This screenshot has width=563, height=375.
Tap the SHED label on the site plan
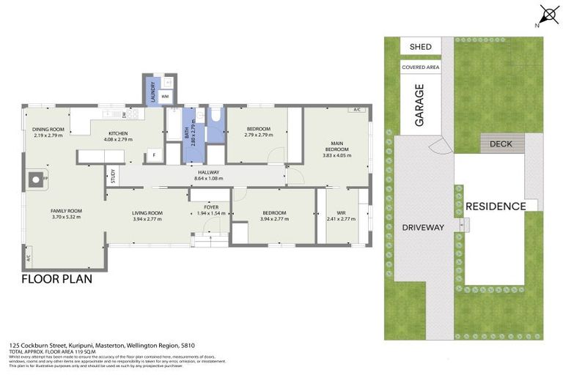coord(420,47)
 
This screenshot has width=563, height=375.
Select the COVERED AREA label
coord(420,67)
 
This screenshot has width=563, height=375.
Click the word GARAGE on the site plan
coord(420,105)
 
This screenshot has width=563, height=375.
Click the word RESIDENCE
coord(496,206)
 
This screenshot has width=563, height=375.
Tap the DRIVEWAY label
coord(423,227)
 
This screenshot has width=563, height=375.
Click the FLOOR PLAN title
coord(56,279)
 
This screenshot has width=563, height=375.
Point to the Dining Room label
coord(48,130)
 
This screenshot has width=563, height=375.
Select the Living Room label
coord(147,213)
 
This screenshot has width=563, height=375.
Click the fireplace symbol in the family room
coord(34,178)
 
